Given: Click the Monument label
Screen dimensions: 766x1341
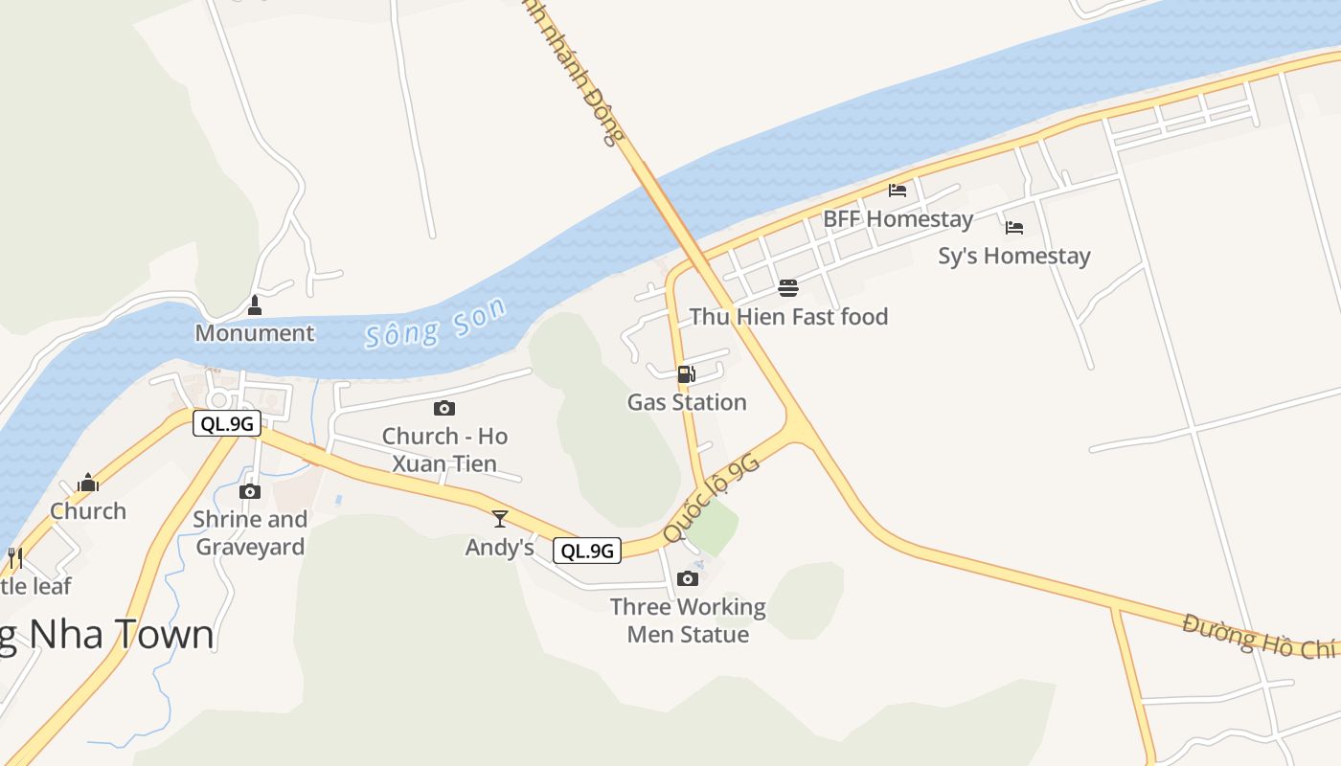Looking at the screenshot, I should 255,333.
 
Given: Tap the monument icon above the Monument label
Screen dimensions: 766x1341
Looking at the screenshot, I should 255,306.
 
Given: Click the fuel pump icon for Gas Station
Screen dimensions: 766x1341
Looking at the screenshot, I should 686,374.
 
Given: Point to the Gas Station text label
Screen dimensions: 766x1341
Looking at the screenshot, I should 687,402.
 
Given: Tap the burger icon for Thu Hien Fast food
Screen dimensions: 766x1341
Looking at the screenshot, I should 788,288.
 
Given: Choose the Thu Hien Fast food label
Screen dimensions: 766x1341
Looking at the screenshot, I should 788,317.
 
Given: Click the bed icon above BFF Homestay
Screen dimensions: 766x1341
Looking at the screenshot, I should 898,191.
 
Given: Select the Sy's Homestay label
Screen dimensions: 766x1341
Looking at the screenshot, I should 1014,257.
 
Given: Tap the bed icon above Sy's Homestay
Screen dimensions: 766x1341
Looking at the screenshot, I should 1014,228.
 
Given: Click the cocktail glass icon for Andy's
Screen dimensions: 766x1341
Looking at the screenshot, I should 499,519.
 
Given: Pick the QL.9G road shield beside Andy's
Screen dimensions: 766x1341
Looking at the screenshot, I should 587,551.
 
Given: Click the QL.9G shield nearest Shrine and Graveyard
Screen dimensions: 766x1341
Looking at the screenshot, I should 227,423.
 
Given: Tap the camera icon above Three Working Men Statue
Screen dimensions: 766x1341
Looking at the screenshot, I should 688,578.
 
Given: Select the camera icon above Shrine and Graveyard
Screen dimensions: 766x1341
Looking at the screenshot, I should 250,491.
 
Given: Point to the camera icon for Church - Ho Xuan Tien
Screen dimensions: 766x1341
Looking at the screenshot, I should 444,409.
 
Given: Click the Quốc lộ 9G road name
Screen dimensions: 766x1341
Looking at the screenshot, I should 711,498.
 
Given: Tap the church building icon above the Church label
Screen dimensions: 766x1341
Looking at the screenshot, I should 88,483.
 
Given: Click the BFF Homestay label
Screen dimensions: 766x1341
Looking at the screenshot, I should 898,219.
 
